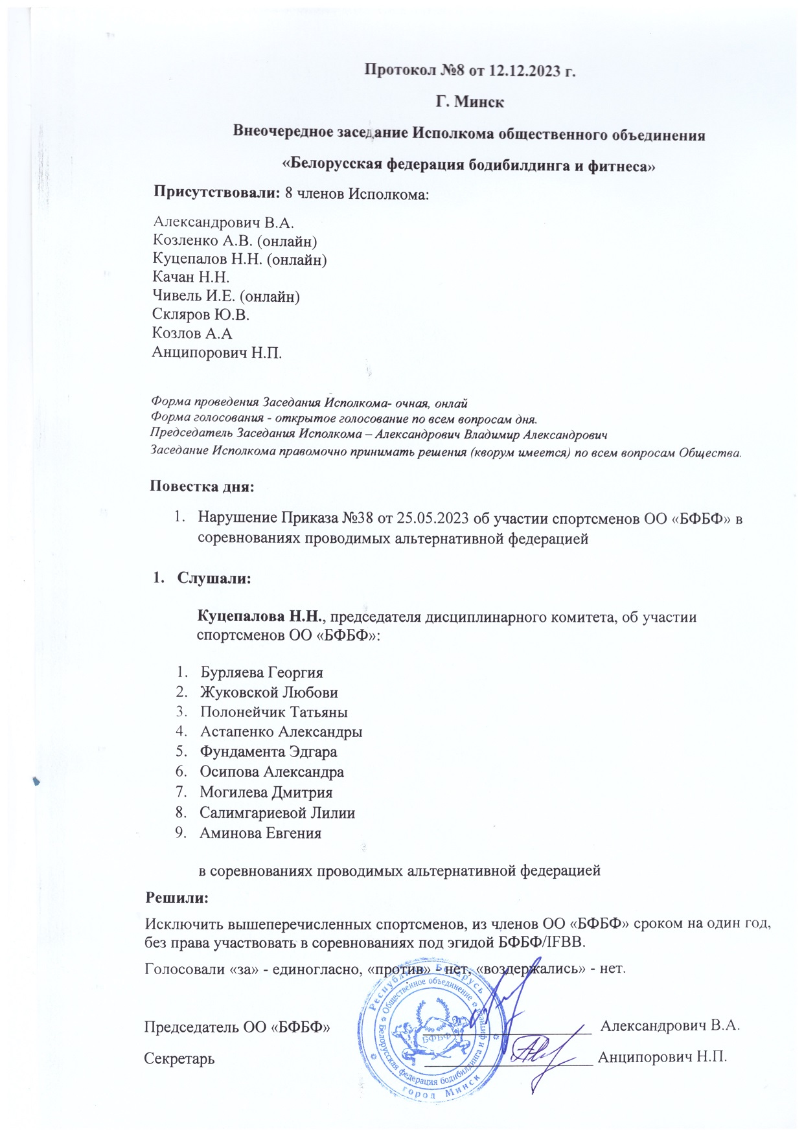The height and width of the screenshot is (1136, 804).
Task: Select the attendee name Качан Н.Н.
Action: (191, 278)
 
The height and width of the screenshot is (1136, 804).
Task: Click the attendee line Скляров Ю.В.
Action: (201, 315)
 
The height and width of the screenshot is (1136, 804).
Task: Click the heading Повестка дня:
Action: (202, 486)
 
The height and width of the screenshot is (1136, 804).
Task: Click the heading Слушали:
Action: (214, 578)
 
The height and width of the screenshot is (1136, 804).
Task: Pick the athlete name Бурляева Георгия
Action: (262, 672)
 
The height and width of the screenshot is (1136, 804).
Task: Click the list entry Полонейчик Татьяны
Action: (274, 712)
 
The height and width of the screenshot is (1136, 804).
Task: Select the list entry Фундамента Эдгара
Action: (268, 753)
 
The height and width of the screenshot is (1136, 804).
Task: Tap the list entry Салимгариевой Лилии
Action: (277, 813)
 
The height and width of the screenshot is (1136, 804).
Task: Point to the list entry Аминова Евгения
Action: (260, 833)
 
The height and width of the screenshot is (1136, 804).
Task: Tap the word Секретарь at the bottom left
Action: (179, 1058)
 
